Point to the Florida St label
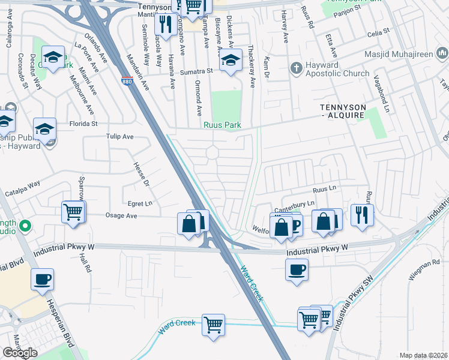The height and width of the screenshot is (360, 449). [x=85, y=124]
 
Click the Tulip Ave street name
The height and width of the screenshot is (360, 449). [x=120, y=137]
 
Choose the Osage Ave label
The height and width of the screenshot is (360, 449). [x=121, y=215]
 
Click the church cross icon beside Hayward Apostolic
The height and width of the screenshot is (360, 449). [x=295, y=67]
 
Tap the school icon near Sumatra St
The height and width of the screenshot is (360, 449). [x=229, y=60]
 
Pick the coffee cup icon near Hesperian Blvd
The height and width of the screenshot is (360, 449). [x=42, y=279]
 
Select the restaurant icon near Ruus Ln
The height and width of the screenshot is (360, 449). [x=361, y=214]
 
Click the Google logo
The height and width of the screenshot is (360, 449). [x=20, y=353]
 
